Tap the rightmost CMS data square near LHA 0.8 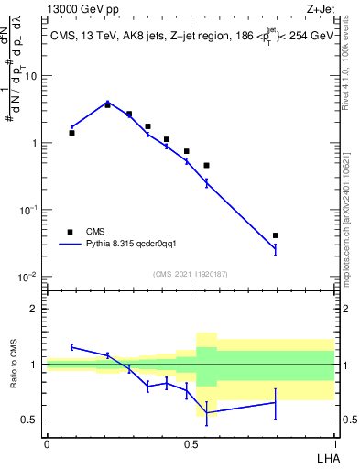pyautogui.click(x=276, y=235)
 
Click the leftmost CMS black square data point pyautogui.click(x=72, y=133)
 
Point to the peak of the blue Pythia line pyautogui.click(x=107, y=103)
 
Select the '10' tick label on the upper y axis pyautogui.click(x=31, y=76)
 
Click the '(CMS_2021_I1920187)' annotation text pyautogui.click(x=190, y=274)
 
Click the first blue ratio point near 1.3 pyautogui.click(x=72, y=347)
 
